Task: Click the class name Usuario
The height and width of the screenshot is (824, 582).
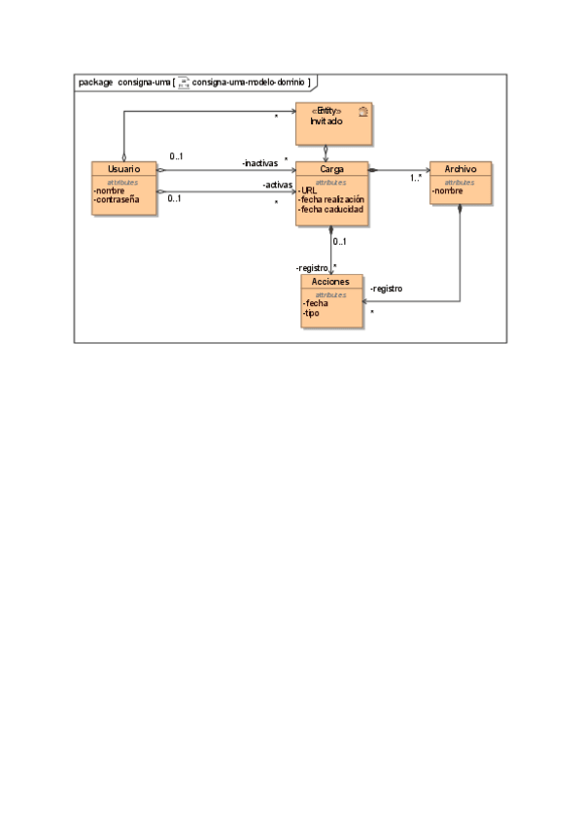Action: point(123,169)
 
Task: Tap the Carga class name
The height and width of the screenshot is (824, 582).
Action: point(331,169)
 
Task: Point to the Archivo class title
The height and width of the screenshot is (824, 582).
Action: point(460,169)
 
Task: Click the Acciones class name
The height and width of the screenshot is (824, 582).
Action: point(331,282)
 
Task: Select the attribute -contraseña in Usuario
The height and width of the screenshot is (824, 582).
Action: point(118,199)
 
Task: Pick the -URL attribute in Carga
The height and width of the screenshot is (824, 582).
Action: point(308,189)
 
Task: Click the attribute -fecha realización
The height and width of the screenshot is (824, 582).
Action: point(331,199)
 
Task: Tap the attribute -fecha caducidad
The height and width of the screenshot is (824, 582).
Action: point(330,209)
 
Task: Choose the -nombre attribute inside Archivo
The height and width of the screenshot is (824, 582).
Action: point(448,190)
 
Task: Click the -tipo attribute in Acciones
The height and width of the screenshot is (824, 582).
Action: point(312,313)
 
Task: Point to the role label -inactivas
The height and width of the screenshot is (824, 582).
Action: point(259,163)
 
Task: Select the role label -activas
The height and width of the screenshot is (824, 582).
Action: point(278,186)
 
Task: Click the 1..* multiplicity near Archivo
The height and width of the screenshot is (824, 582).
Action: point(415,178)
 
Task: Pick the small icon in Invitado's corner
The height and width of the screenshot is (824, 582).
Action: point(362,112)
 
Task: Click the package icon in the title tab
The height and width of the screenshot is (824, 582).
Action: point(183,83)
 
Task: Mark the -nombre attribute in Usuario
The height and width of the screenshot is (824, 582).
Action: point(111,190)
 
